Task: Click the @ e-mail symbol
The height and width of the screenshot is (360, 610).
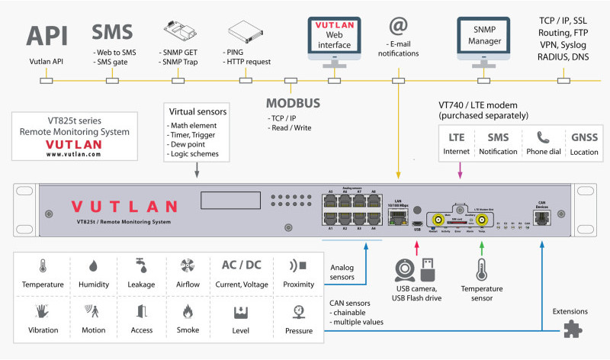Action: click(397, 27)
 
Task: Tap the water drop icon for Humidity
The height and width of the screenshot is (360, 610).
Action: click(93, 266)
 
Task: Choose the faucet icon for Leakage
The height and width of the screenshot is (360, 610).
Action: click(141, 266)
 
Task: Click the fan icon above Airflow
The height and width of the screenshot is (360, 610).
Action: click(188, 266)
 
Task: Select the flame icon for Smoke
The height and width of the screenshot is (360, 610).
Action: click(188, 311)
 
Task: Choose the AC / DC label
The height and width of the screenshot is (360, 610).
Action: click(241, 266)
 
